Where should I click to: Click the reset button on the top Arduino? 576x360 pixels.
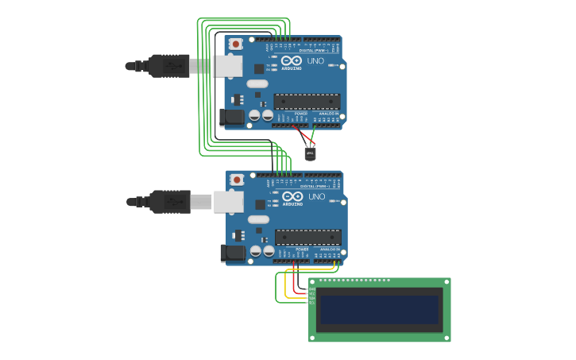(235, 44)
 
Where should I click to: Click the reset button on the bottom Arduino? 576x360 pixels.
(237, 180)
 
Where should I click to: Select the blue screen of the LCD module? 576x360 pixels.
(379, 309)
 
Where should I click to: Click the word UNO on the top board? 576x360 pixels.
(315, 60)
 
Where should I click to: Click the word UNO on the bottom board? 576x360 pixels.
(316, 196)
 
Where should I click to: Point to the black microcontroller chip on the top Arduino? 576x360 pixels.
(307, 101)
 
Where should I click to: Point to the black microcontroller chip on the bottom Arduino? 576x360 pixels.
(308, 237)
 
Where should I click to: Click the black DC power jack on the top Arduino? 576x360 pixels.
(231, 117)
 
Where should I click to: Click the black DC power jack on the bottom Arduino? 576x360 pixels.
(232, 253)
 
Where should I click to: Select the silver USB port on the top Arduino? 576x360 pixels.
(228, 66)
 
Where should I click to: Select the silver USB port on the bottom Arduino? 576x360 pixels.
(229, 202)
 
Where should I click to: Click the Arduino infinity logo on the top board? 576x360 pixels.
(292, 60)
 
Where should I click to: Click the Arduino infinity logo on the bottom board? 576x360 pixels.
(292, 196)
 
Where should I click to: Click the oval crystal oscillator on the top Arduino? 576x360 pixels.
(257, 83)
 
